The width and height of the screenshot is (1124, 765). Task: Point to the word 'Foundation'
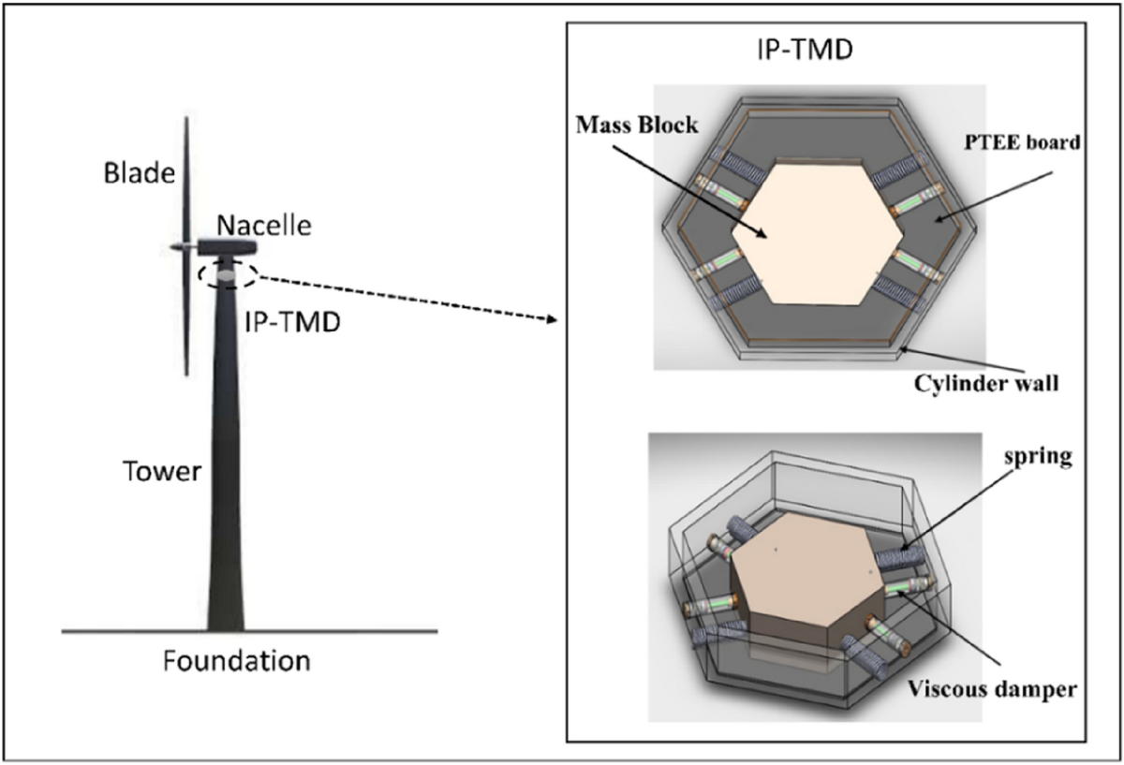pyautogui.click(x=236, y=661)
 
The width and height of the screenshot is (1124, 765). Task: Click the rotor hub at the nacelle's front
pyautogui.click(x=182, y=246)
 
